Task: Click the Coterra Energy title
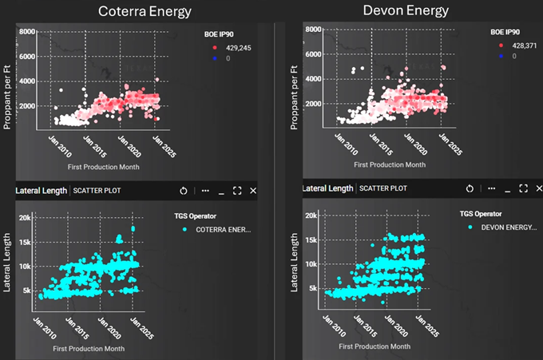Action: point(145,11)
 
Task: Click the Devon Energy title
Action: point(406,10)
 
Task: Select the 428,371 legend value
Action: point(516,46)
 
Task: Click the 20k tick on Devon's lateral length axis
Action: point(313,216)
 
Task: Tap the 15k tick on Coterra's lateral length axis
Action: point(26,242)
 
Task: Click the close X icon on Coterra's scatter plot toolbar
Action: point(253,191)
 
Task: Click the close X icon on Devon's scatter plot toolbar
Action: point(539,188)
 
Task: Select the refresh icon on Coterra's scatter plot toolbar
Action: point(183,191)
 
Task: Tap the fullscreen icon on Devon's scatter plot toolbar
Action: point(523,188)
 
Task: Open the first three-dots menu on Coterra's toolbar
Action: point(205,191)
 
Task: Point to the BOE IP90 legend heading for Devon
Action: point(509,33)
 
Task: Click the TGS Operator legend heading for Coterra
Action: point(206,216)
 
